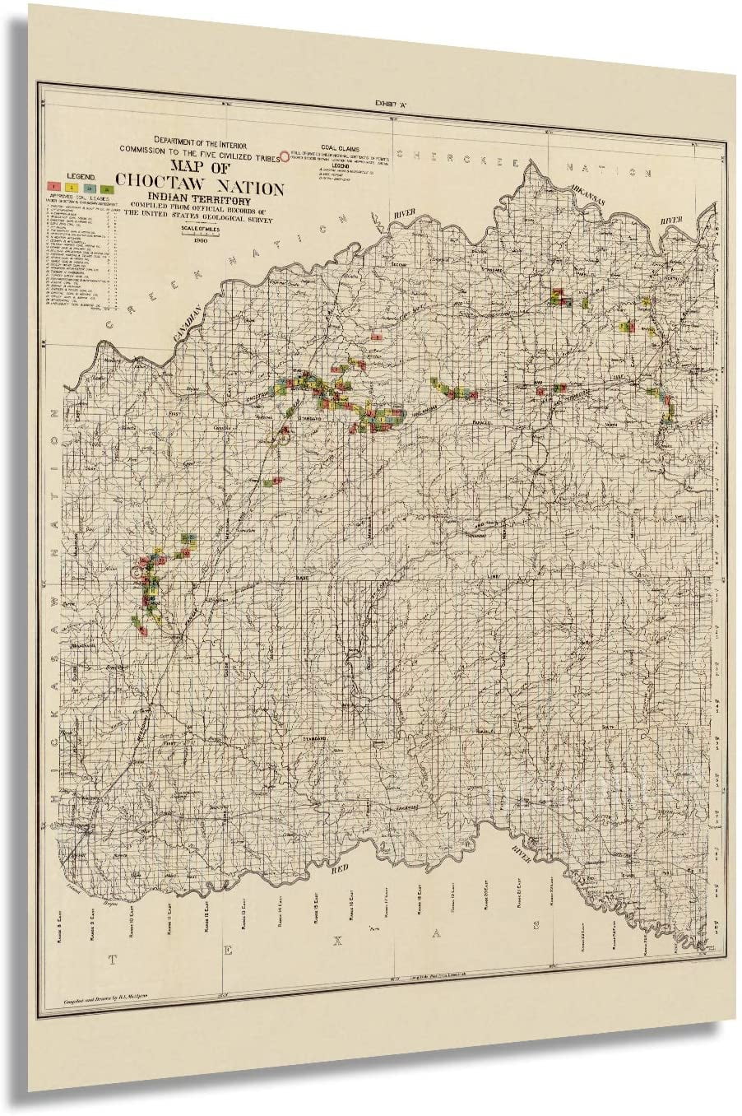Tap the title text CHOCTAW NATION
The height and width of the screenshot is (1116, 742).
pyautogui.click(x=201, y=188)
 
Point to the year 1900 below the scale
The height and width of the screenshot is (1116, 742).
pyautogui.click(x=201, y=240)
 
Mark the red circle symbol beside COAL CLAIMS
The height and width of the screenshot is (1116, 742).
pyautogui.click(x=285, y=154)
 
